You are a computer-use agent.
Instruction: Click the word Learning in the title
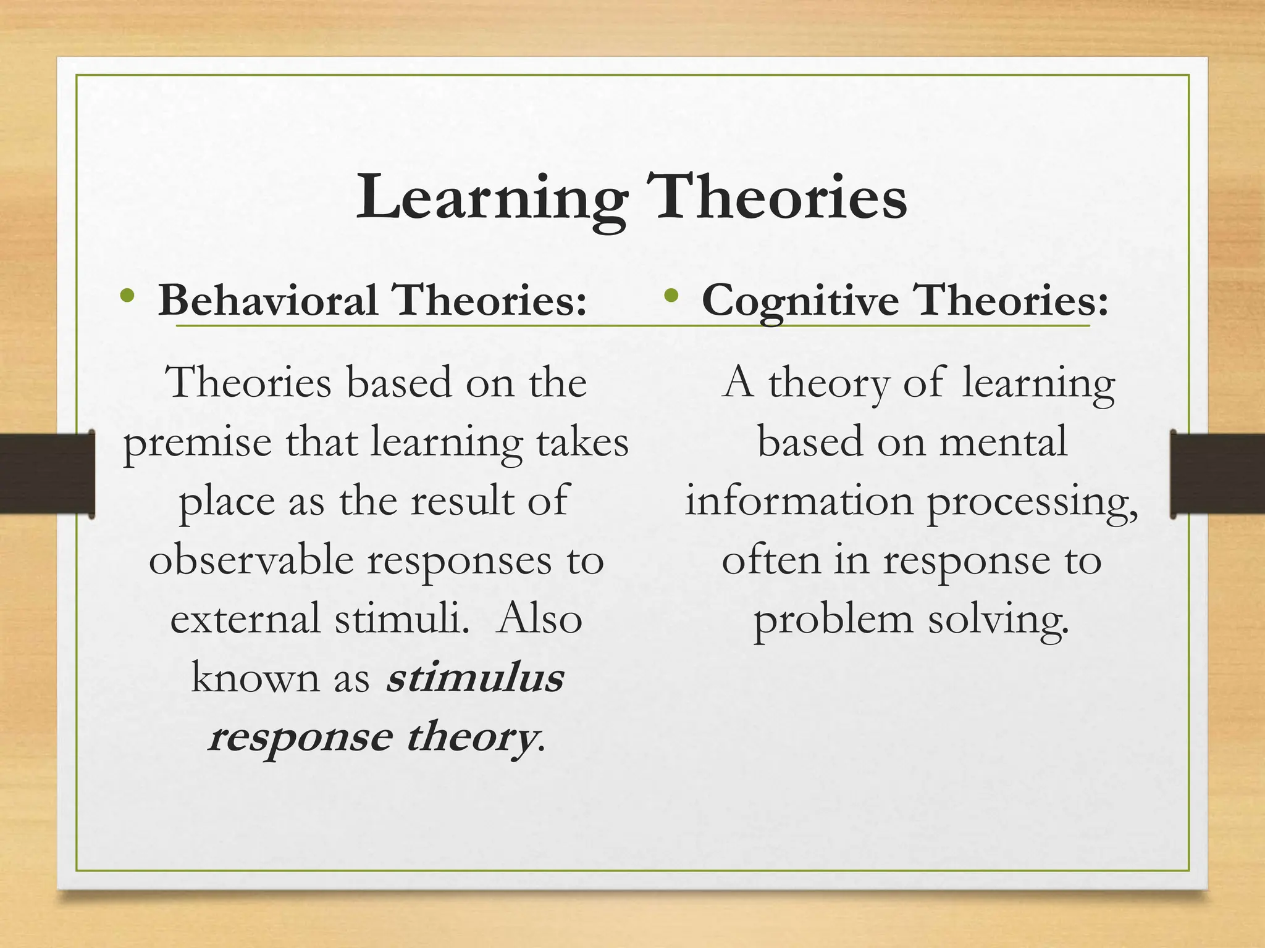(491, 197)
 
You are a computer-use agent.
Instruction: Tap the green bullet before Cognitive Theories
(671, 296)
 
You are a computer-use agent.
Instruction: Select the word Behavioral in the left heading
(268, 301)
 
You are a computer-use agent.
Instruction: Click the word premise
(197, 443)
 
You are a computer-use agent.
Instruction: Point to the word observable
(251, 560)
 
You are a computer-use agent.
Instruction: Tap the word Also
(539, 619)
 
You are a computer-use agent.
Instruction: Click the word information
(799, 501)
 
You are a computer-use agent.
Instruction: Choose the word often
(771, 560)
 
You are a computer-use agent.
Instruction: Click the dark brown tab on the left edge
(47, 474)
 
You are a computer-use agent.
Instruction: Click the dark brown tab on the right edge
(1217, 474)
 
